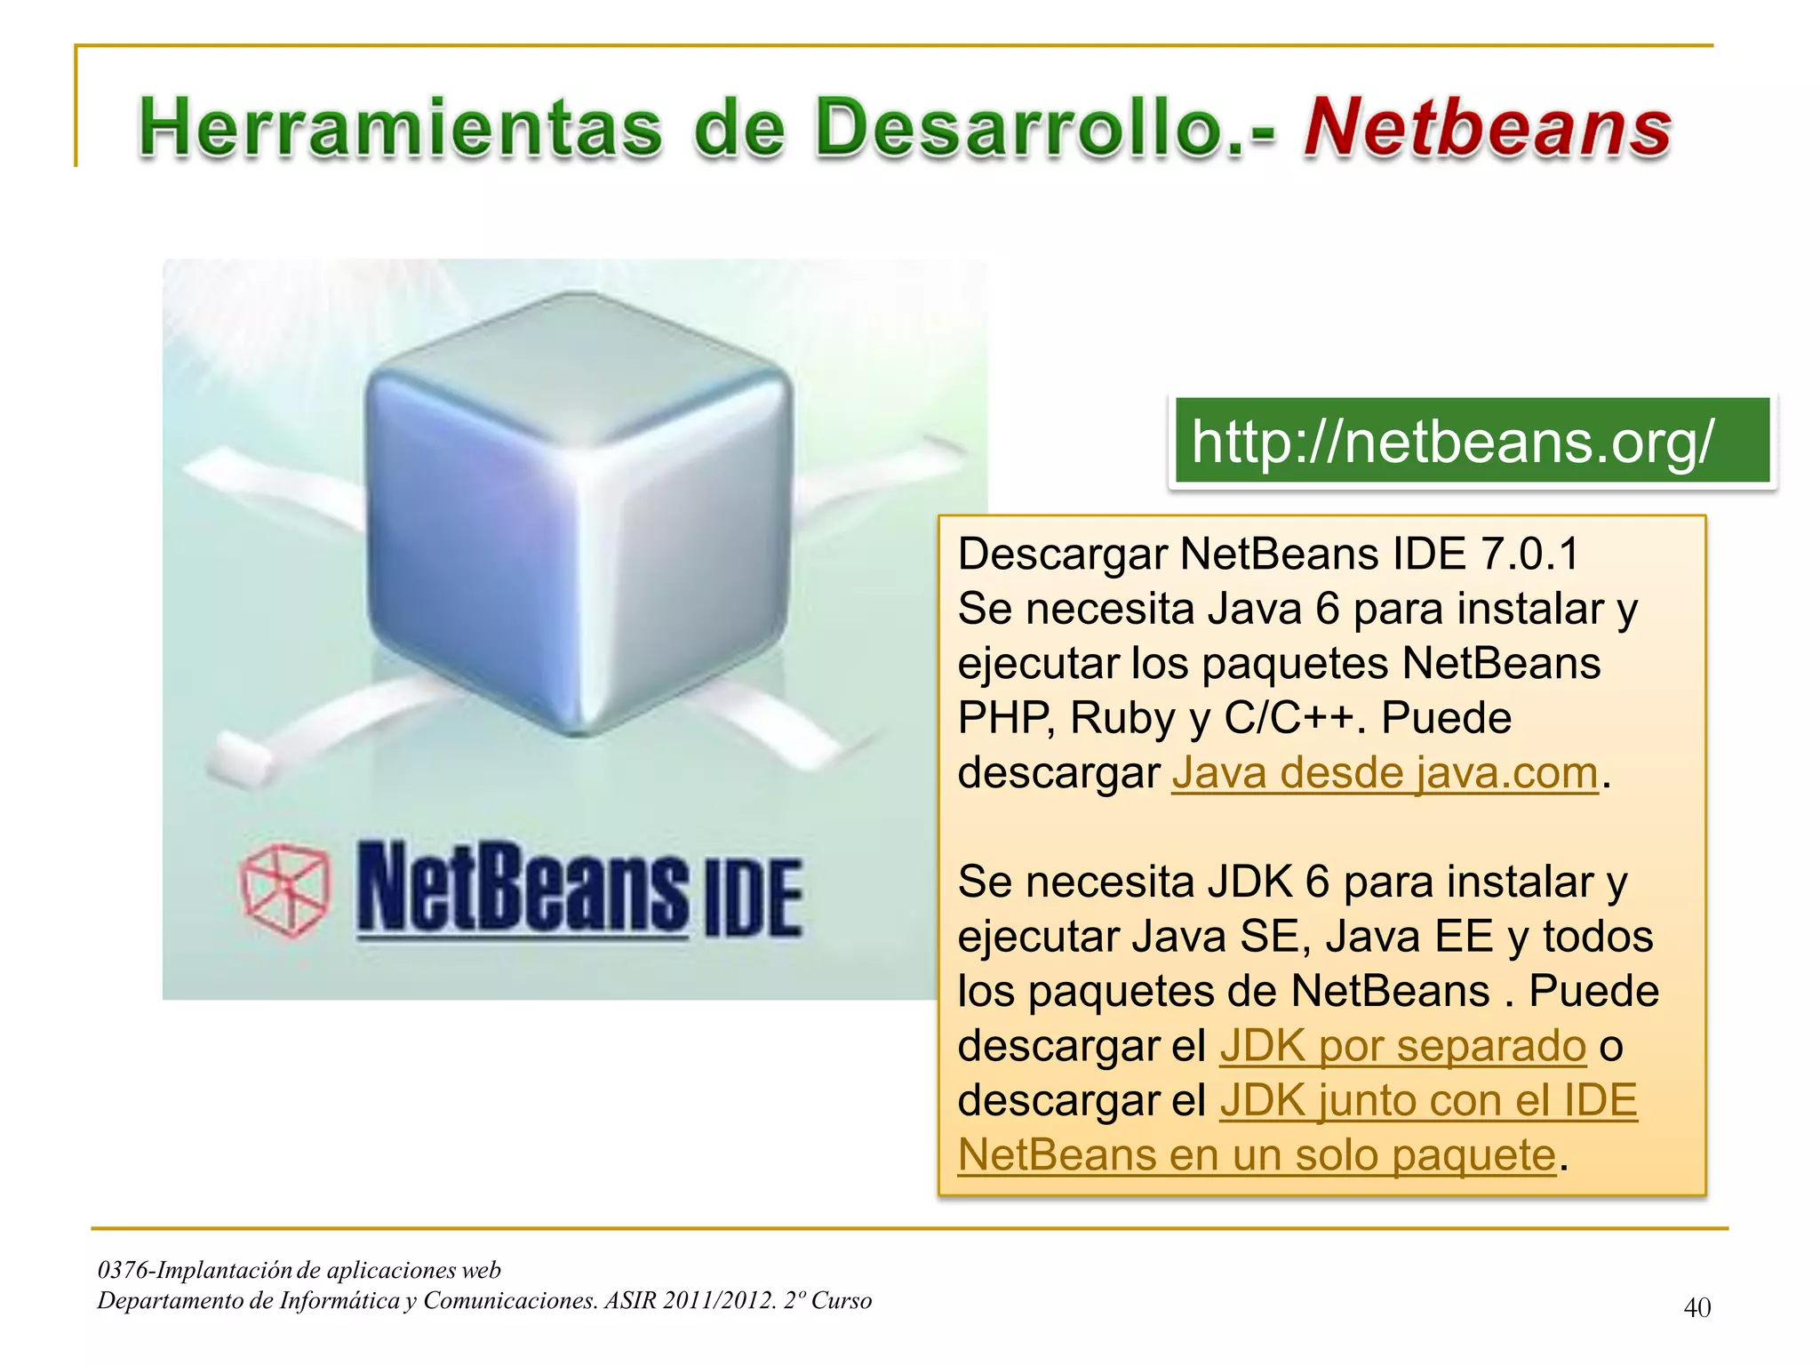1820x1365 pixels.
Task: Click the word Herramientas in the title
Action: click(401, 129)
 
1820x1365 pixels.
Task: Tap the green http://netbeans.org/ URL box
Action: click(1472, 442)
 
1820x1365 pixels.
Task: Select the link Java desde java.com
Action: click(1385, 772)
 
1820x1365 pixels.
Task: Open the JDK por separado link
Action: click(1402, 1046)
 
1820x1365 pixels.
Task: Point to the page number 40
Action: click(1696, 1308)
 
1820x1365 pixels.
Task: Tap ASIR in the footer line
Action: click(630, 1301)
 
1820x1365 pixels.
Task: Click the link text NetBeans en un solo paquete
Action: click(1257, 1155)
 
